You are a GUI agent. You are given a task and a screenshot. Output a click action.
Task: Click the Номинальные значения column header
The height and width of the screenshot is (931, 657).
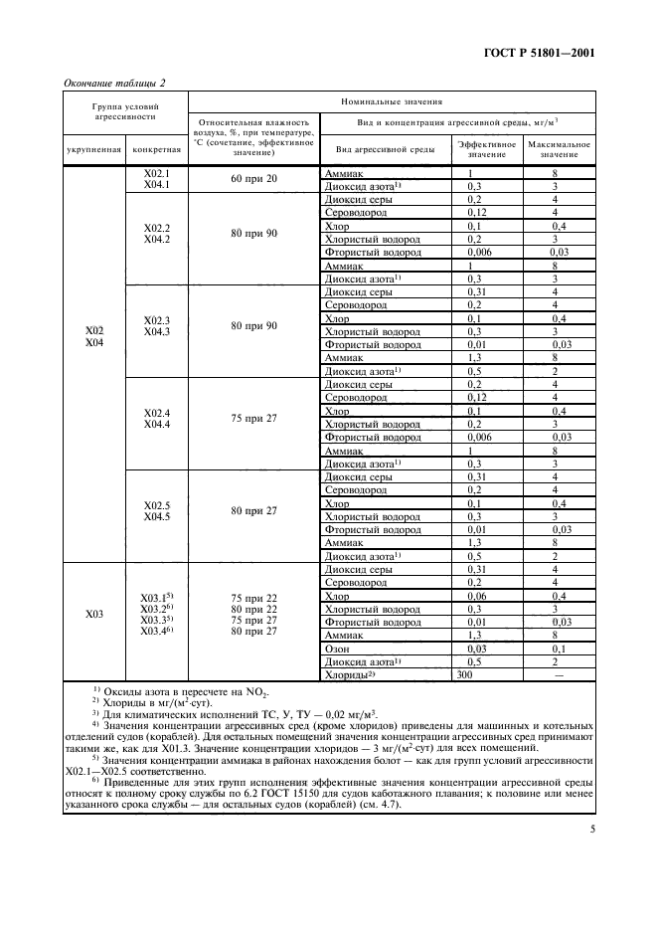click(x=392, y=101)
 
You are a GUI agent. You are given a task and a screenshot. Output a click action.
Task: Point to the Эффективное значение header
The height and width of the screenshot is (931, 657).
click(x=486, y=149)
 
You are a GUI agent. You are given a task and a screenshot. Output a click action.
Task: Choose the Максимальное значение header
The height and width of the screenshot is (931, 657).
click(x=559, y=149)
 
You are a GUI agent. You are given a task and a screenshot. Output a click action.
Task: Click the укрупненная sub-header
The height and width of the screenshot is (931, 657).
click(x=94, y=149)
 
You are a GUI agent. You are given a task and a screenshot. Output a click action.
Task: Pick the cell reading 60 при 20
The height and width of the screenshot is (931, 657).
click(x=253, y=178)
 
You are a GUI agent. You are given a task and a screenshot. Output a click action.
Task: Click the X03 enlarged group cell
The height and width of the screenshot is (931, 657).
click(x=94, y=615)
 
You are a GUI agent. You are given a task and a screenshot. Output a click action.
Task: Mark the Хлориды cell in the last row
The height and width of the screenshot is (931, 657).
click(x=347, y=673)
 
